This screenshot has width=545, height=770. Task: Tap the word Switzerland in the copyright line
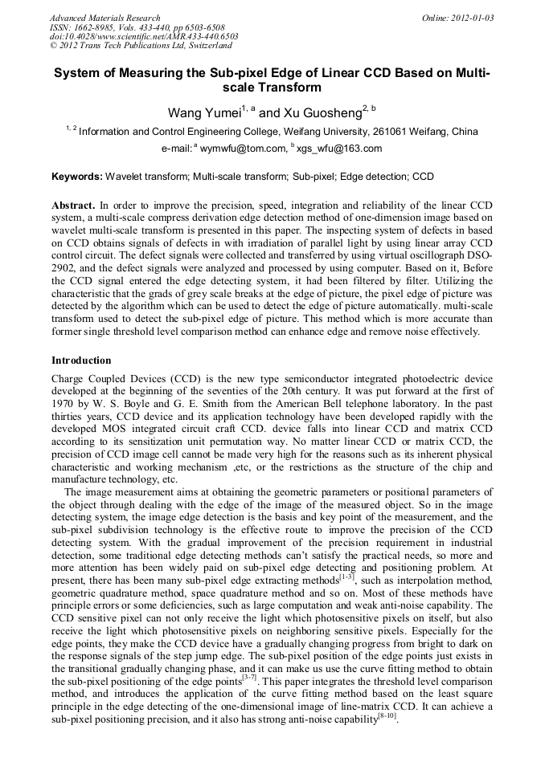coord(204,46)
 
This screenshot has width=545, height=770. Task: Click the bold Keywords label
coord(77,176)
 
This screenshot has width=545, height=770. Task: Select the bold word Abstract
coord(74,205)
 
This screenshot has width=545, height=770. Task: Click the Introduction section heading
coord(81,361)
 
